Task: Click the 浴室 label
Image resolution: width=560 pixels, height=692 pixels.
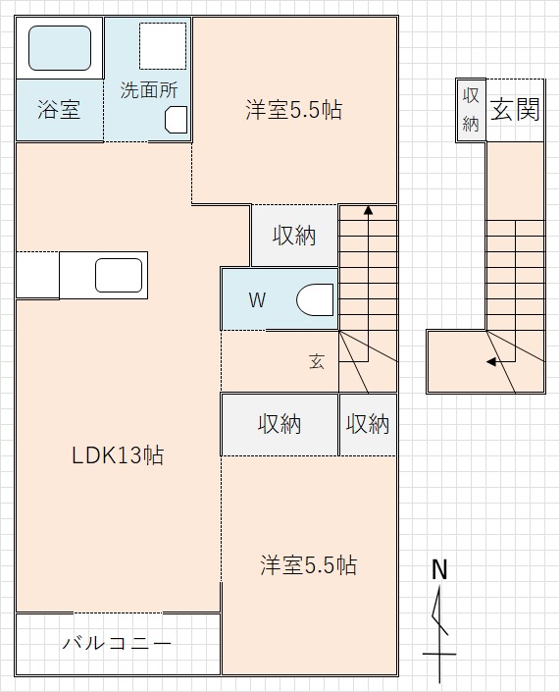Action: click(x=58, y=110)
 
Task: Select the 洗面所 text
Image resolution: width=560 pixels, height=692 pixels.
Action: click(x=148, y=89)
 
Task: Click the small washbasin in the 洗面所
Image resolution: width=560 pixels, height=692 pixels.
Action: click(x=176, y=119)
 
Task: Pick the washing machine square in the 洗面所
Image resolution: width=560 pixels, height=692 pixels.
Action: click(x=162, y=43)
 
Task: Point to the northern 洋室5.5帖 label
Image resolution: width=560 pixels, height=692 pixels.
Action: click(x=293, y=110)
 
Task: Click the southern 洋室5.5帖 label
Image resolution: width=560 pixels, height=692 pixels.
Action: click(x=308, y=565)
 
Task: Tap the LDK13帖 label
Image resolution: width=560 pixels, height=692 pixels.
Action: click(x=117, y=455)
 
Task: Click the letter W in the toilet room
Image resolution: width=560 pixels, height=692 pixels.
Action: click(x=256, y=300)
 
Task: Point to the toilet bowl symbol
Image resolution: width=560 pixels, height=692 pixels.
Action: click(x=315, y=299)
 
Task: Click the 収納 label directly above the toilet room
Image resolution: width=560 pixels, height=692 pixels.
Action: click(x=293, y=236)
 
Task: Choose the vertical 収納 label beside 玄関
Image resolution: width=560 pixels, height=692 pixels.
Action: click(x=470, y=109)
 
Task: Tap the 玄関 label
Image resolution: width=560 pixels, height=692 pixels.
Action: click(x=515, y=110)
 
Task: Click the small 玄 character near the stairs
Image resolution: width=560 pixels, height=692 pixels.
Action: click(x=317, y=361)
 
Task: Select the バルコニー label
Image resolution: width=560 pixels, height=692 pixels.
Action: click(x=117, y=644)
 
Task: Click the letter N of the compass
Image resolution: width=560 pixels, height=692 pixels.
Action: click(x=439, y=569)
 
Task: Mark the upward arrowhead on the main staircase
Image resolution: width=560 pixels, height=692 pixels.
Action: click(x=368, y=209)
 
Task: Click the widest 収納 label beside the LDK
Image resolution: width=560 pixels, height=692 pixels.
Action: click(x=280, y=424)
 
